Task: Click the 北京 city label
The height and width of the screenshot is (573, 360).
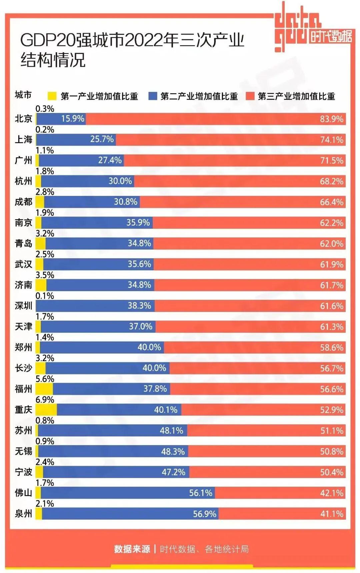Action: point(23,119)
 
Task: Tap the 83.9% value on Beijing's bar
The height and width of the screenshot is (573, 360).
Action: point(331,119)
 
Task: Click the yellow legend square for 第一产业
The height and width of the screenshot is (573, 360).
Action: point(52,96)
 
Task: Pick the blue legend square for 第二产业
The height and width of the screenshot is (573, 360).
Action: point(153,96)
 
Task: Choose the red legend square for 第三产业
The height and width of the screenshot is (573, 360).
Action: point(250,96)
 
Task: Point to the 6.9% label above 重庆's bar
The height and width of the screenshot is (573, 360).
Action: point(45,400)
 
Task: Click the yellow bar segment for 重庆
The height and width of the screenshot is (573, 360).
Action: point(46,410)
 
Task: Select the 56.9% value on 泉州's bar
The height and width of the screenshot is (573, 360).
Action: point(205,514)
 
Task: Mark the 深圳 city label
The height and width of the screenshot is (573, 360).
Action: point(23,305)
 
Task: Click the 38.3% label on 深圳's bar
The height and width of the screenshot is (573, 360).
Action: point(139,305)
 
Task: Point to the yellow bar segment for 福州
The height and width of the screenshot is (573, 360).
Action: point(44,389)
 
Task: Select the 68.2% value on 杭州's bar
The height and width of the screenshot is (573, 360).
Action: point(331,181)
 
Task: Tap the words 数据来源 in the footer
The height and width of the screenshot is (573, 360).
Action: point(132,549)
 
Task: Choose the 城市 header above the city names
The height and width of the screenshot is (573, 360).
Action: point(23,95)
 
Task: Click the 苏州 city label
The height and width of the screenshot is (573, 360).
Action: point(23,430)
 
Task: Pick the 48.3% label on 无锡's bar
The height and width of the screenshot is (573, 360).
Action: point(173,452)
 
